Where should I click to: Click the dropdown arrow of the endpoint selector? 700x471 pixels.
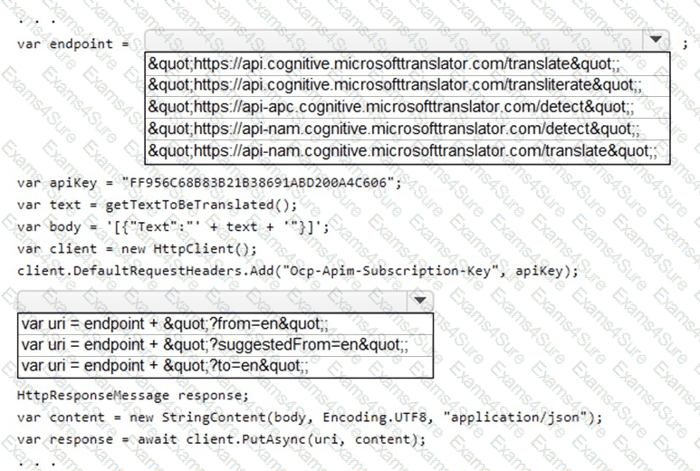(x=654, y=41)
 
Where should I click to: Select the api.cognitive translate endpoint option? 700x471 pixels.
(x=384, y=63)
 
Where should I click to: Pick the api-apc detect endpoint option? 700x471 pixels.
(x=391, y=107)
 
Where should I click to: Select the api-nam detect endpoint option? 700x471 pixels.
(x=393, y=129)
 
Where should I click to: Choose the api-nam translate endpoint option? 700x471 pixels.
(x=402, y=150)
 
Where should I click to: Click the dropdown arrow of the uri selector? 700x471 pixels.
(x=418, y=301)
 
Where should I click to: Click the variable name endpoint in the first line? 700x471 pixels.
(x=81, y=43)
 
